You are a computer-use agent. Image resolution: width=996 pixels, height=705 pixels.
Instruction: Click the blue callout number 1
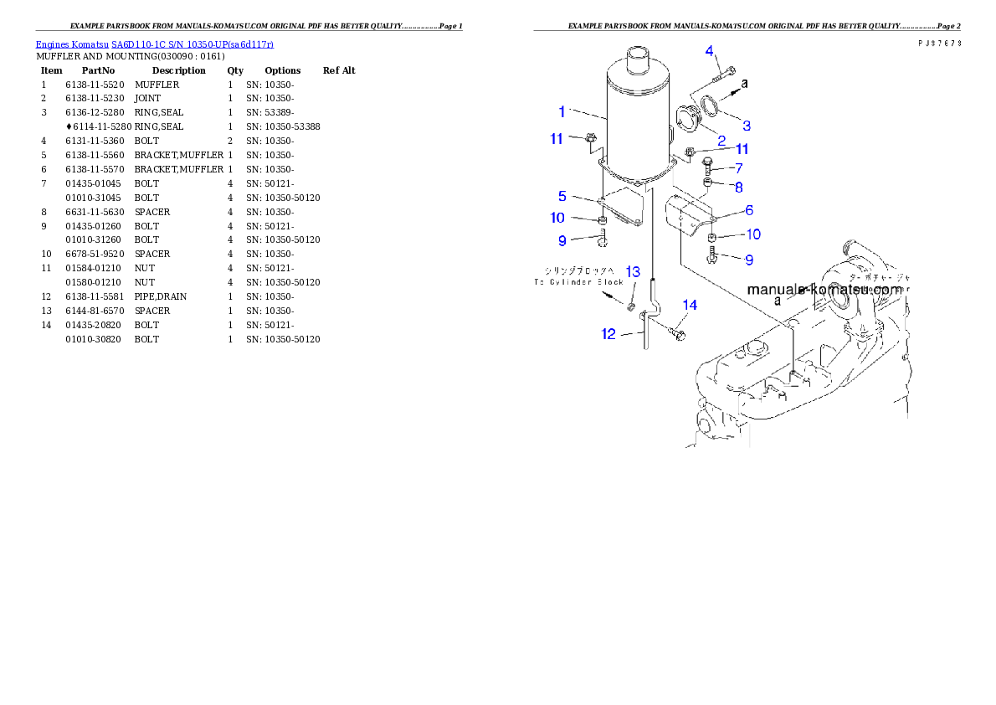[563, 111]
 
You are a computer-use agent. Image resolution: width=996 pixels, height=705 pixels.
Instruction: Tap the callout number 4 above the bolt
[709, 51]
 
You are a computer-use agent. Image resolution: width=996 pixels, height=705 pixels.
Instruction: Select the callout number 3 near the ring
[746, 126]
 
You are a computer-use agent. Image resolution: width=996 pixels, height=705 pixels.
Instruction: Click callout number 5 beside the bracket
[563, 196]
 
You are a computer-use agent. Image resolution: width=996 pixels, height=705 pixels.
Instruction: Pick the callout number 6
[749, 210]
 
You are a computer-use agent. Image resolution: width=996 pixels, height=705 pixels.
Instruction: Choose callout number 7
[739, 168]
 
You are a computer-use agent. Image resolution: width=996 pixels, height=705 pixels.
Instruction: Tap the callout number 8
[739, 187]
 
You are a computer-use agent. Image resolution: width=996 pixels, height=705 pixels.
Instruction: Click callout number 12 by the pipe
[608, 334]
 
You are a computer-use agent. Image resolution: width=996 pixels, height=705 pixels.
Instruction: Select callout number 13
[633, 272]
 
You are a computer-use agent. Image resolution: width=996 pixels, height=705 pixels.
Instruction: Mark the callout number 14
[689, 306]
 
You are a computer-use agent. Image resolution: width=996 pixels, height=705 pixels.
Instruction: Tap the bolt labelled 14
[677, 335]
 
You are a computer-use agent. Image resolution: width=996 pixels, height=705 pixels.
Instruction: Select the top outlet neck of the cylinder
[639, 62]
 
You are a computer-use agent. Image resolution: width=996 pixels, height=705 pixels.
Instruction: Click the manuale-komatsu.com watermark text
[824, 290]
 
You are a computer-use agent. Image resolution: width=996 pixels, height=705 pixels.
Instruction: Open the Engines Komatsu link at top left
[154, 44]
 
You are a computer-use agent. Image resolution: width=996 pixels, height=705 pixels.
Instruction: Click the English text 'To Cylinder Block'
[579, 282]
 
